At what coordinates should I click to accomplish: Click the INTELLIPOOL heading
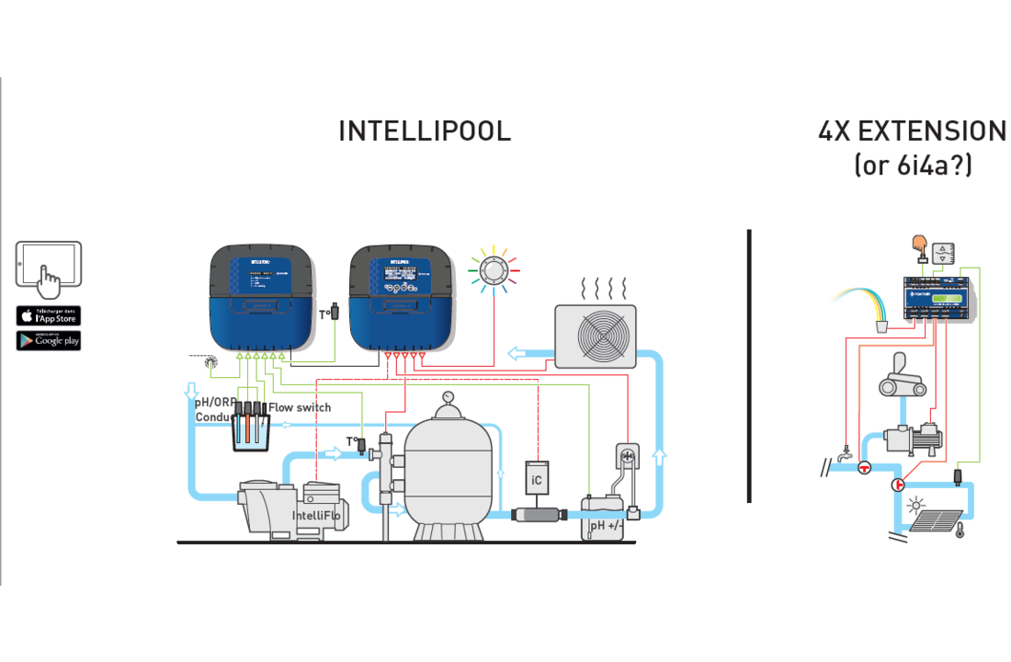[425, 131]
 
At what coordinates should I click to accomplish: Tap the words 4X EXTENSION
[912, 131]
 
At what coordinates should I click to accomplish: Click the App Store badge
[49, 315]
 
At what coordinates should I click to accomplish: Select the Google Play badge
[49, 340]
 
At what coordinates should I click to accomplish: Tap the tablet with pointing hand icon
[49, 268]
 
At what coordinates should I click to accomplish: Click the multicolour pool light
[494, 269]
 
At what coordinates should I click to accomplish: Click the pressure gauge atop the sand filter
[448, 398]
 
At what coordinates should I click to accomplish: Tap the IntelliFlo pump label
[316, 516]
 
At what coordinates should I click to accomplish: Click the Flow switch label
[300, 407]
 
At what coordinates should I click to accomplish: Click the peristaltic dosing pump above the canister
[630, 457]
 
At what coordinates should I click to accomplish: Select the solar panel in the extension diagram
[936, 521]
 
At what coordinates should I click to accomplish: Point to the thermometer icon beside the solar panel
[960, 530]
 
